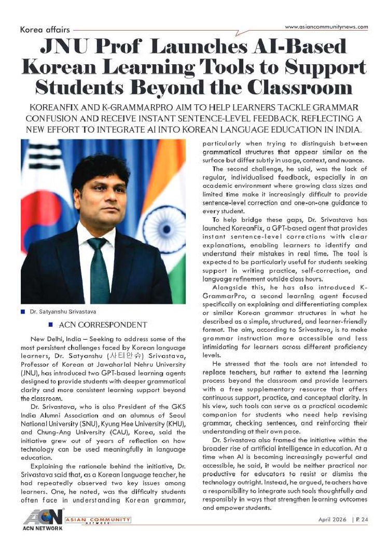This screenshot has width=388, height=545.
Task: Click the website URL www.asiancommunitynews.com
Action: (326, 26)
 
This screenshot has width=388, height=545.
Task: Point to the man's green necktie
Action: (98, 270)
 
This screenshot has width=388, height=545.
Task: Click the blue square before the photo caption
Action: (23, 312)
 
